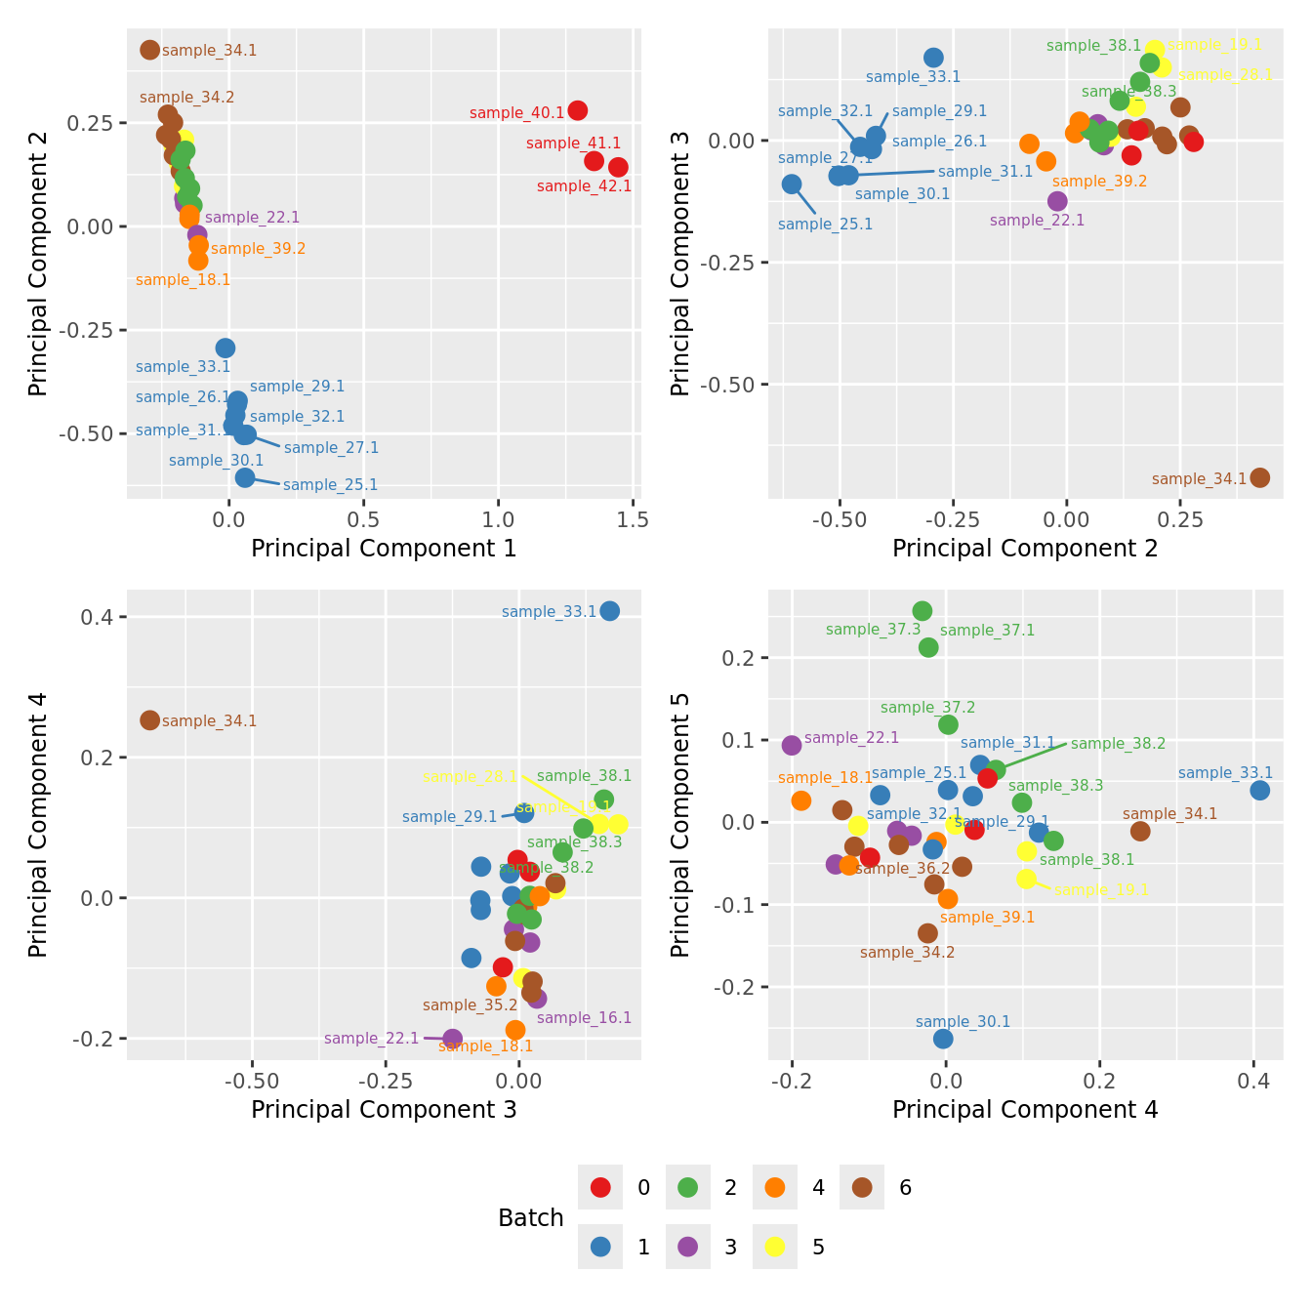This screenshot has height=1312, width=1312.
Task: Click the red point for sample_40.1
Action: coord(577,110)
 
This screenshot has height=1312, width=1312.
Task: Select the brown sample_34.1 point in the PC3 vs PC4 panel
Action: coord(149,720)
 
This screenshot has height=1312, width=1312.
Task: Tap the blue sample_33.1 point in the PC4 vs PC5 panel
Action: coord(1259,790)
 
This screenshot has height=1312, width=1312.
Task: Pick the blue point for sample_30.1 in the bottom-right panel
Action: coord(943,1039)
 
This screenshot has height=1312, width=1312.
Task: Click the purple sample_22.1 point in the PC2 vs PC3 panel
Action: coord(1057,201)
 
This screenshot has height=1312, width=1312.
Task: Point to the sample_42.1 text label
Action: coord(584,186)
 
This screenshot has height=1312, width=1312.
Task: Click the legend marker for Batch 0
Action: coord(600,1188)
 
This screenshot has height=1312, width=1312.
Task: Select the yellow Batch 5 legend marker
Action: coord(775,1247)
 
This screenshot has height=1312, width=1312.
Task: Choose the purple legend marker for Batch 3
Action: coord(687,1247)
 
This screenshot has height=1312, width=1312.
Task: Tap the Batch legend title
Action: coord(530,1218)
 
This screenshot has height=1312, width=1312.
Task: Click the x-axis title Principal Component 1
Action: coord(384,549)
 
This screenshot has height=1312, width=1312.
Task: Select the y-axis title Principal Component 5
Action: coord(680,824)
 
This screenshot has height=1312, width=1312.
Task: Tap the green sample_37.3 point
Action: coord(922,611)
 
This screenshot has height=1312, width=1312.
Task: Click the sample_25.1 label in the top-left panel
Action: coord(330,485)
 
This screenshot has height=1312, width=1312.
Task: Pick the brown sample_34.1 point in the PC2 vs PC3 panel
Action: coord(1259,477)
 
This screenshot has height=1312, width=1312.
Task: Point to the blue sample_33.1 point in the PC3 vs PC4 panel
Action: coord(609,611)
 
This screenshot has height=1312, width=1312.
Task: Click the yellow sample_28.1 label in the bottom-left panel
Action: coord(470,777)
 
